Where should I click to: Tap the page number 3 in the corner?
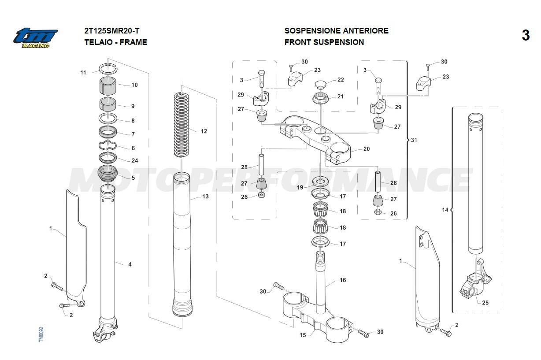(525, 35)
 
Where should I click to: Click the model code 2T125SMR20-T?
(112, 31)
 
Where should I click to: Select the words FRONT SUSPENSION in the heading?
(324, 42)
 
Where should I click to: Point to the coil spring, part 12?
(182, 124)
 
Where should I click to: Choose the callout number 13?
(205, 197)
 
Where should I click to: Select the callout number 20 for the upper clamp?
(366, 149)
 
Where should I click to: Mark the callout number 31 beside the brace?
(413, 140)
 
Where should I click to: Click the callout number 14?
(445, 210)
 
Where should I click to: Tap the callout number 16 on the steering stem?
(343, 280)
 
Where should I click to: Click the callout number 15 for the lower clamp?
(303, 335)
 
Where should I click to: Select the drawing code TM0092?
(41, 334)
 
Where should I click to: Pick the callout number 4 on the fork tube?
(130, 264)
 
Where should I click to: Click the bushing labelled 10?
(107, 85)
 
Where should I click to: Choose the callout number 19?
(300, 188)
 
